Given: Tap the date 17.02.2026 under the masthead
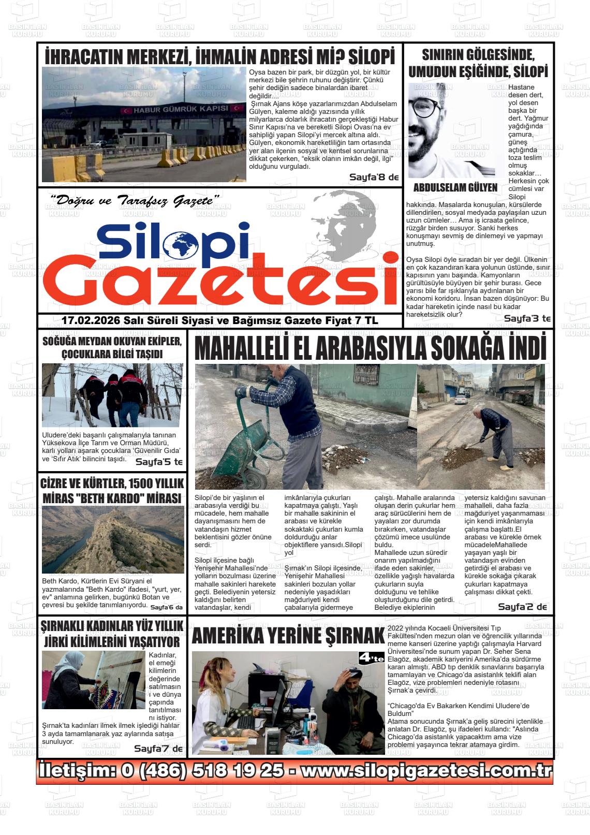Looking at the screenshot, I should [x=91, y=321].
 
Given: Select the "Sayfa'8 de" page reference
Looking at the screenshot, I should [x=374, y=178].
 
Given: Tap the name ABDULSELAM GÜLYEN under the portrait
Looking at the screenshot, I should [x=455, y=187].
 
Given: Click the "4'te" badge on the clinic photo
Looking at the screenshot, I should [x=371, y=658].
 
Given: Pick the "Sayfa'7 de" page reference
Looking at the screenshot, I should [x=158, y=749].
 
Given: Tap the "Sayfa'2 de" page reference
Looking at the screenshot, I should [x=522, y=607].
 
